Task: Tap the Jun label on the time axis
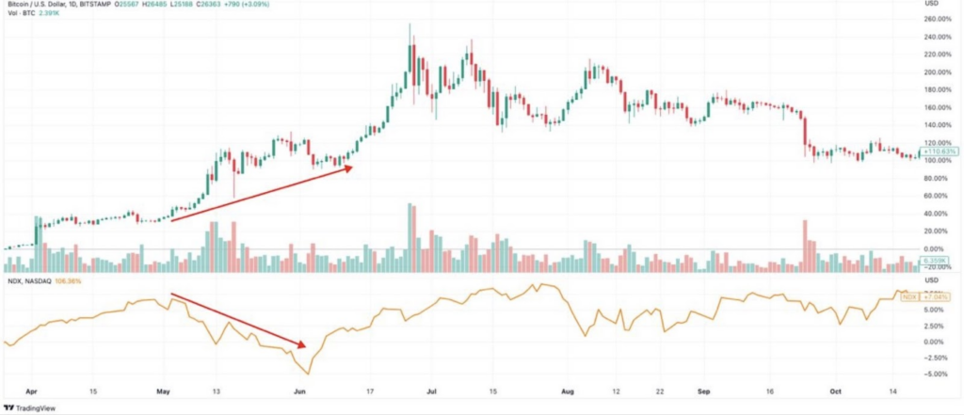click(300, 387)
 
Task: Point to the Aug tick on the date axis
click(567, 387)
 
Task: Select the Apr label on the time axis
click(32, 387)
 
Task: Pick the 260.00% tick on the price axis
click(940, 19)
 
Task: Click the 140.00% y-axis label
click(940, 125)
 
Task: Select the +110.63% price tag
click(938, 151)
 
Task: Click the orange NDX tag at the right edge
click(909, 297)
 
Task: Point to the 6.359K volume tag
click(938, 261)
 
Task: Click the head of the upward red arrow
click(352, 168)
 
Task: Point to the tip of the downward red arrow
click(308, 343)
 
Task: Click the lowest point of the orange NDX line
click(307, 374)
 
